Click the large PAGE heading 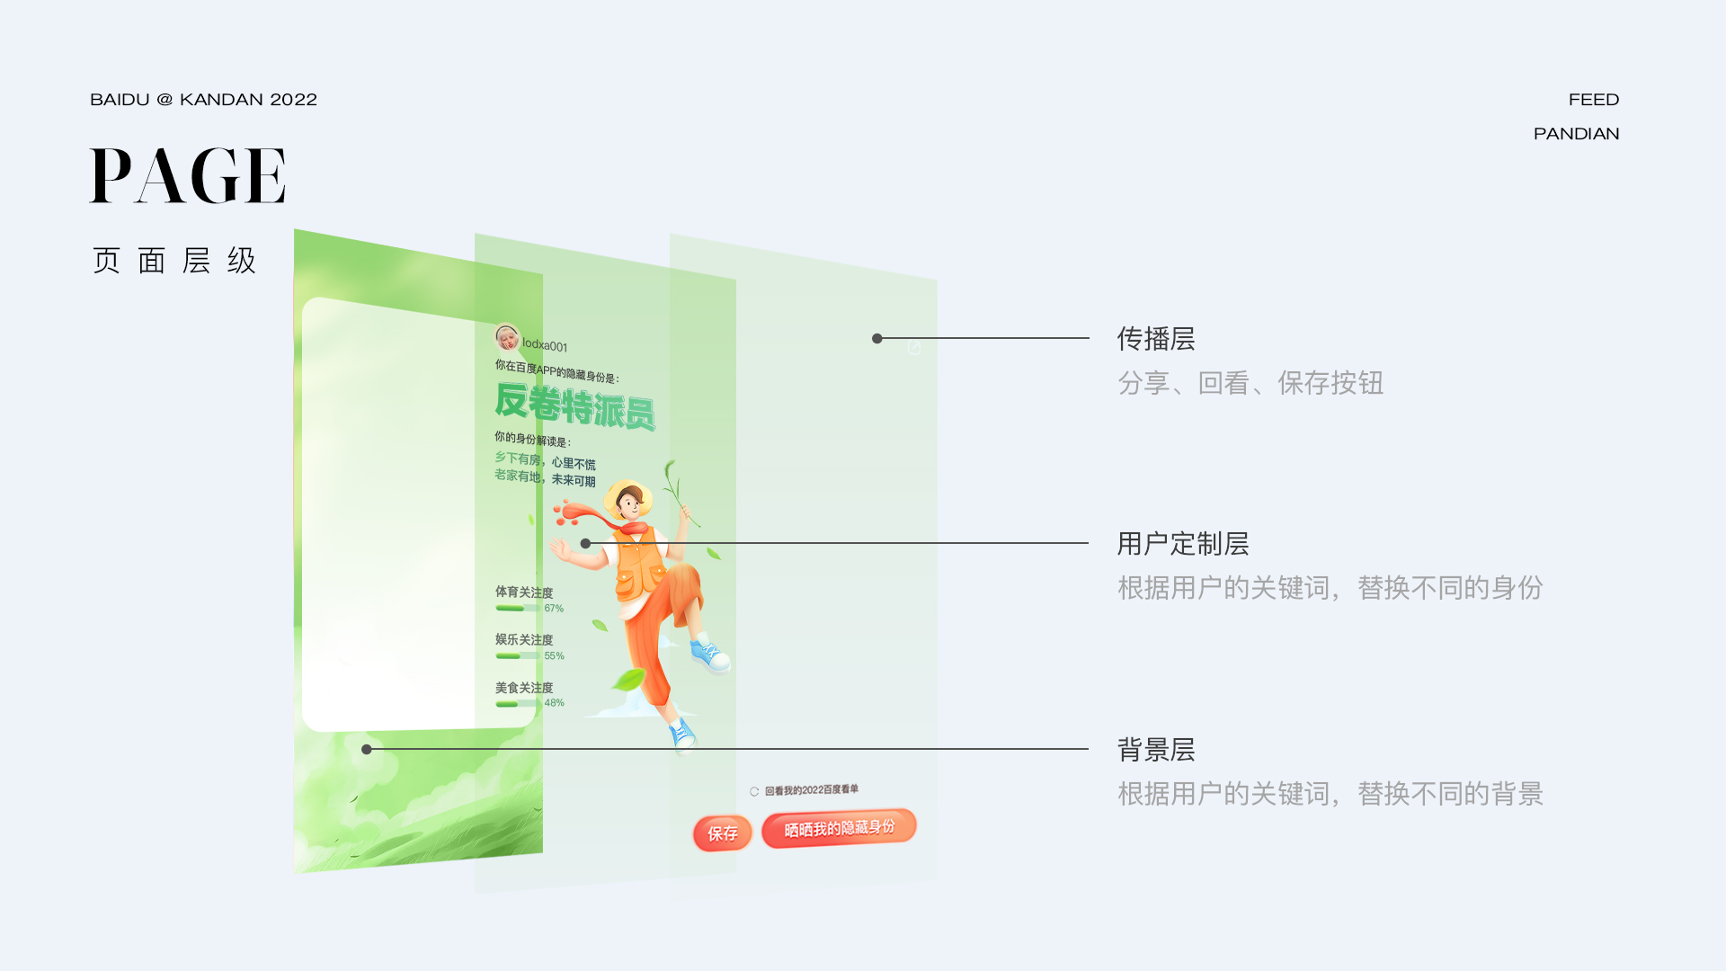point(188,176)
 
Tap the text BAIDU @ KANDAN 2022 point(203,100)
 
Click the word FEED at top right point(1593,100)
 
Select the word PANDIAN point(1576,134)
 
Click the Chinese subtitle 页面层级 point(174,261)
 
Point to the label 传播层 point(1155,339)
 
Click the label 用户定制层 point(1182,544)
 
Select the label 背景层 point(1155,750)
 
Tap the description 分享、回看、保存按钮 point(1250,383)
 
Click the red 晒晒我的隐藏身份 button point(839,828)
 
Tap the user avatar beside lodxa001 point(507,338)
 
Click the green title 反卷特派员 point(574,406)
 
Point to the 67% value point(554,609)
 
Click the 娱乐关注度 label point(524,639)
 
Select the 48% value point(554,703)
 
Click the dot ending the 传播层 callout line point(876,339)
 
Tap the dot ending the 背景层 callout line point(367,749)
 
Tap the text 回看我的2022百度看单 point(811,790)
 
